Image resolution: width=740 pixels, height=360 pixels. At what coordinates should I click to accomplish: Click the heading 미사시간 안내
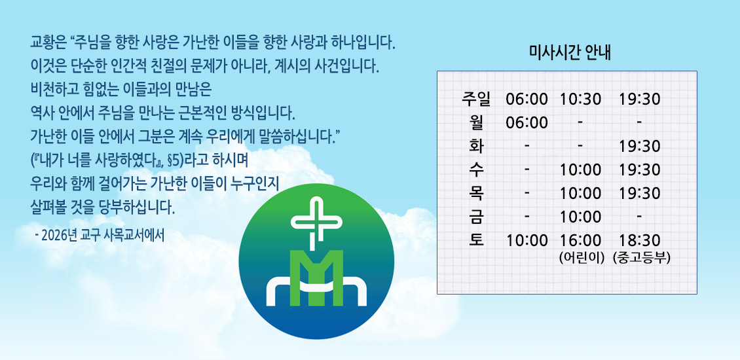click(570, 52)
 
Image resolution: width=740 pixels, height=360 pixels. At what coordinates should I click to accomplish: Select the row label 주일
click(476, 99)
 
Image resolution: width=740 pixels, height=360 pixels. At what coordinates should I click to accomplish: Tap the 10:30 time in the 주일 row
click(580, 99)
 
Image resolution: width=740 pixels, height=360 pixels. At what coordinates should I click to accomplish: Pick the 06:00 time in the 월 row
click(527, 122)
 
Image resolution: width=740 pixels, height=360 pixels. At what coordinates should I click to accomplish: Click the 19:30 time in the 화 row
click(639, 146)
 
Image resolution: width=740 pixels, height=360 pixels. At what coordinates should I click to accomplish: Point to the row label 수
click(476, 170)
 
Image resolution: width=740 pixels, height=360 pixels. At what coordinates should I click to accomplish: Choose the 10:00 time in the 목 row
click(580, 194)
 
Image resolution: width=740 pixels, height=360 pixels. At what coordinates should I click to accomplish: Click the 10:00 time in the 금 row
click(580, 217)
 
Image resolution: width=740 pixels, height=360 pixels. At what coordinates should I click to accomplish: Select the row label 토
click(476, 240)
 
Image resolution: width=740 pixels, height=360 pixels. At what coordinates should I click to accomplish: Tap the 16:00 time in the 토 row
click(580, 240)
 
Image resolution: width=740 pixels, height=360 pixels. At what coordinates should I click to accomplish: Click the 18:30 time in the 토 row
click(639, 240)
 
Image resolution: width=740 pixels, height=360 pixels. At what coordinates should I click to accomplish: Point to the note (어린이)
click(582, 258)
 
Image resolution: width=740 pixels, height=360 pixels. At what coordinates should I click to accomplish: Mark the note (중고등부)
click(641, 258)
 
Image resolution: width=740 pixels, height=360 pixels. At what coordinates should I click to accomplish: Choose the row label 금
click(476, 217)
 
